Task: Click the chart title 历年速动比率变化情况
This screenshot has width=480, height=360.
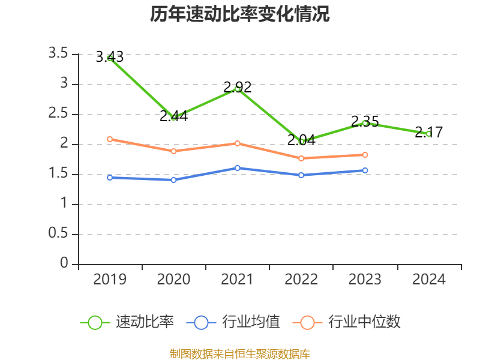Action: click(x=240, y=14)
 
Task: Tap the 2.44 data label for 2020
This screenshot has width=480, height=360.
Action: click(x=173, y=116)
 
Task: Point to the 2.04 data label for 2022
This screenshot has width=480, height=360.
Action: click(x=301, y=140)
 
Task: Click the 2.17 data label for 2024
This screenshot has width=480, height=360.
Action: click(x=428, y=133)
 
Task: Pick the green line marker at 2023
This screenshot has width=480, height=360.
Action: click(x=365, y=123)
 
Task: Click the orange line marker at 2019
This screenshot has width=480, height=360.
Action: click(x=110, y=139)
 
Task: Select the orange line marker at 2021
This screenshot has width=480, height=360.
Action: click(x=238, y=143)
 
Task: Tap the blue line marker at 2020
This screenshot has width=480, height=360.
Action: click(x=173, y=180)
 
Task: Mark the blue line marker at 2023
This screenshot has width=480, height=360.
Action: click(x=365, y=170)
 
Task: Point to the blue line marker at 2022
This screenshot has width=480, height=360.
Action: click(x=301, y=175)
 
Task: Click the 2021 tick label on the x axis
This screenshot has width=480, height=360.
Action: click(x=238, y=280)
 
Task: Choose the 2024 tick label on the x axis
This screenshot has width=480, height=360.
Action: click(x=428, y=280)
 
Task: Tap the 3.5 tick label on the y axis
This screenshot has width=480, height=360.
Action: click(x=58, y=54)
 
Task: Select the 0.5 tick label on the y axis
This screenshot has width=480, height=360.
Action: click(x=58, y=234)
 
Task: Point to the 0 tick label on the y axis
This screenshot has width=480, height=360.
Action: click(x=64, y=264)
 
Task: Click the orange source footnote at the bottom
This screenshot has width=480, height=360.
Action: click(x=240, y=353)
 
